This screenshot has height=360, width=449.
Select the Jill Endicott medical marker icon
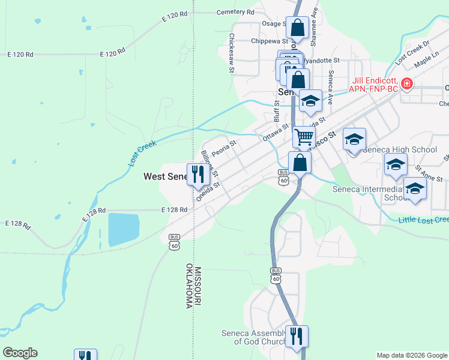407,83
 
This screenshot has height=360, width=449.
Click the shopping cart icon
304,137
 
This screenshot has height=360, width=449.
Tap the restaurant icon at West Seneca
197,173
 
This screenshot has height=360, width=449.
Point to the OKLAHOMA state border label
188,286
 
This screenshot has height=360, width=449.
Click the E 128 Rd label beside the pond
175,210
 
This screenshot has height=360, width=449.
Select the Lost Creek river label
142,154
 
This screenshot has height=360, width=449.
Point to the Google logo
20,353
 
